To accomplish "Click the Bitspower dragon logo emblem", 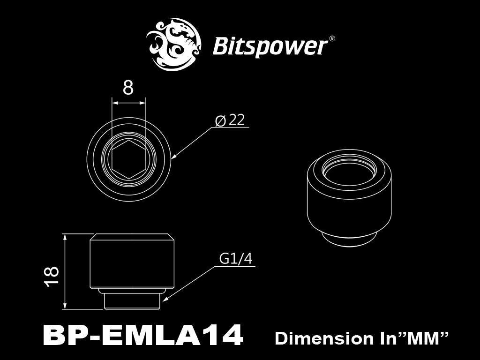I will point(174,44).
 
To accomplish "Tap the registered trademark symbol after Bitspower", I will point(331,39).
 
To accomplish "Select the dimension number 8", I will point(128,88).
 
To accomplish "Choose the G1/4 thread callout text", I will point(236,259).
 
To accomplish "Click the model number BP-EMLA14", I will point(143,335).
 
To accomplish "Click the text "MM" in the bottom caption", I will point(427,338).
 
